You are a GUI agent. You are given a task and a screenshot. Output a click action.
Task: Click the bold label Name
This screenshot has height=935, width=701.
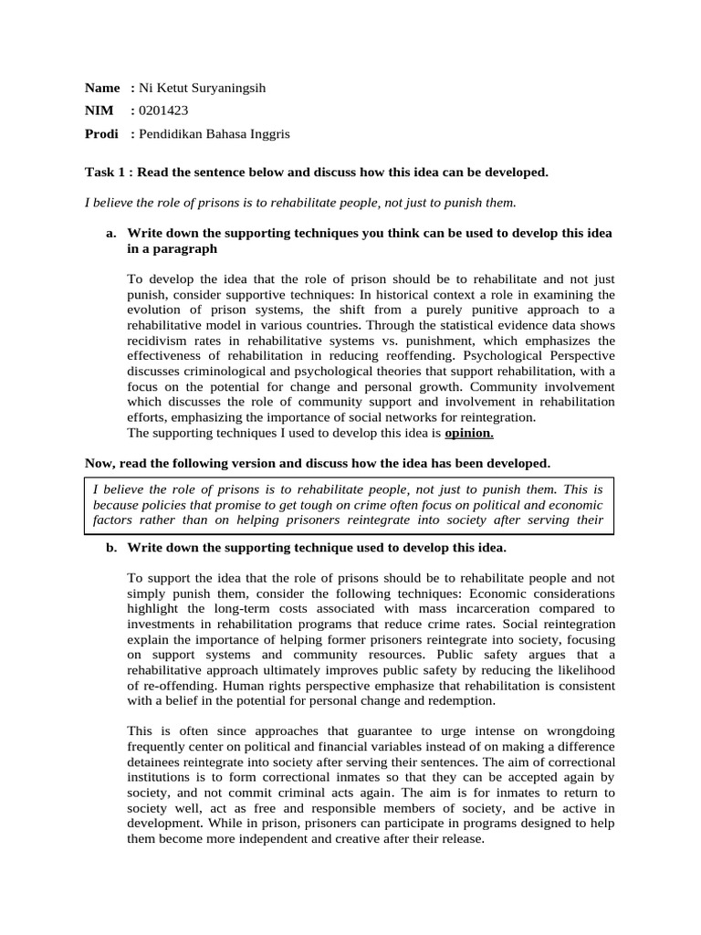coord(102,88)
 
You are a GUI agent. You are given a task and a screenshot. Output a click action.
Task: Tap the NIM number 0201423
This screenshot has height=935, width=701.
coord(163,110)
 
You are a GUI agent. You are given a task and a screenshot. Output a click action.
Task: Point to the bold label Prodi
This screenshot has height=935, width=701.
coord(101,133)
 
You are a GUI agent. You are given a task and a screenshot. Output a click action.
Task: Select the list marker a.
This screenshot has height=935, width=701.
coord(111,234)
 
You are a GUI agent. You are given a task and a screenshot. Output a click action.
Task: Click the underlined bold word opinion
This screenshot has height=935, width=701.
coord(469,433)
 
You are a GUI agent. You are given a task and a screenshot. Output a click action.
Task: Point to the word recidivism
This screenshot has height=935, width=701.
coord(157,341)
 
